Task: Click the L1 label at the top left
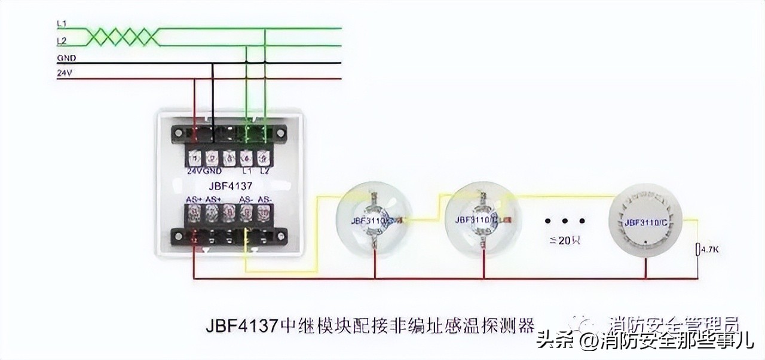(61, 23)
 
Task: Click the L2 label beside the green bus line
(61, 41)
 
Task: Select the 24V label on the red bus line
(63, 74)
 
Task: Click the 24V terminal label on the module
(194, 170)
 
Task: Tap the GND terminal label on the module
(212, 170)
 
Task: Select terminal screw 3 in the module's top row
(229, 158)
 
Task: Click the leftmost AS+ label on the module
(194, 200)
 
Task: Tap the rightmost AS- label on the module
(264, 200)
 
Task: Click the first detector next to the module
(374, 220)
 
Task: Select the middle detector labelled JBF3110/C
(481, 220)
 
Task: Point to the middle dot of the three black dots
(565, 221)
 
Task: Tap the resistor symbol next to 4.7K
(697, 249)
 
